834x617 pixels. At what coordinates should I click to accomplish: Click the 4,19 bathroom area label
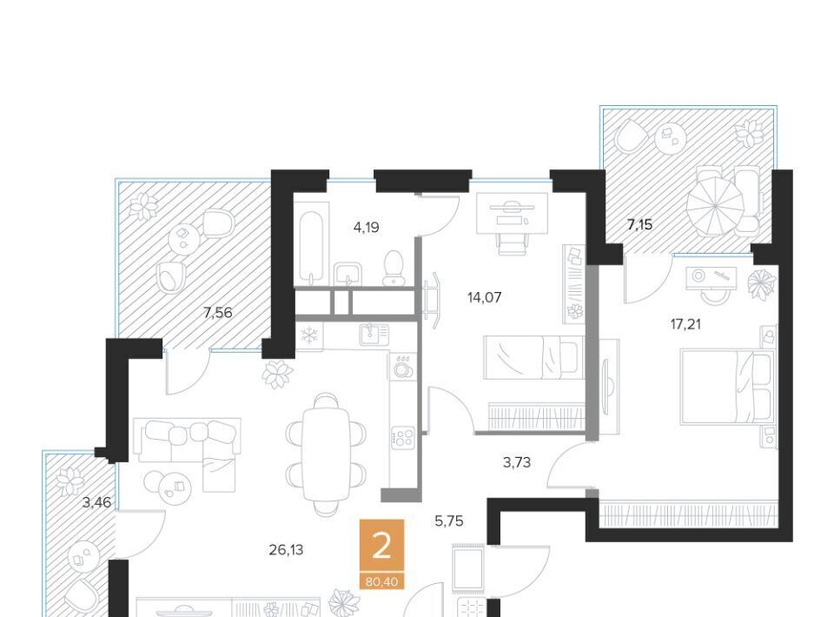point(366,228)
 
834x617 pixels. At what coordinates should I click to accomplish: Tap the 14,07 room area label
point(484,297)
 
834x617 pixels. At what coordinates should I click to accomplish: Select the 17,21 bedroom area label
point(685,324)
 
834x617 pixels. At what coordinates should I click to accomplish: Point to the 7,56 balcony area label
point(217,313)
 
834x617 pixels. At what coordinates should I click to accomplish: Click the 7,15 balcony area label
point(639,225)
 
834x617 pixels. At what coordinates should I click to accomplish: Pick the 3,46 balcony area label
point(96,502)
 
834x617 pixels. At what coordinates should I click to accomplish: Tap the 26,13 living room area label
point(286,550)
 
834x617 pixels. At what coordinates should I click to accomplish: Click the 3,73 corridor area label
point(516,462)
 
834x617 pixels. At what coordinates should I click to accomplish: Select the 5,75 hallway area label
point(449,521)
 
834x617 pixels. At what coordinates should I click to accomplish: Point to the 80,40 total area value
point(381,582)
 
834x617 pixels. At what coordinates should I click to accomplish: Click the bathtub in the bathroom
point(310,247)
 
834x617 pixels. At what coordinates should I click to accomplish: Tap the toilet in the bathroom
point(393,268)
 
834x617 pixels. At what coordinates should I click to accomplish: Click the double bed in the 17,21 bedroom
point(727,387)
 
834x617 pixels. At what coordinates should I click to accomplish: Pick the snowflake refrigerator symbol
point(309,335)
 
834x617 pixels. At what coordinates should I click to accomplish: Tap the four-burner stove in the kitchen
point(402,438)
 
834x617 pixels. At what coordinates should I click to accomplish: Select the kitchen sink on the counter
point(374,334)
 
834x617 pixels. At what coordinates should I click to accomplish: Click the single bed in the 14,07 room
point(533,357)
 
